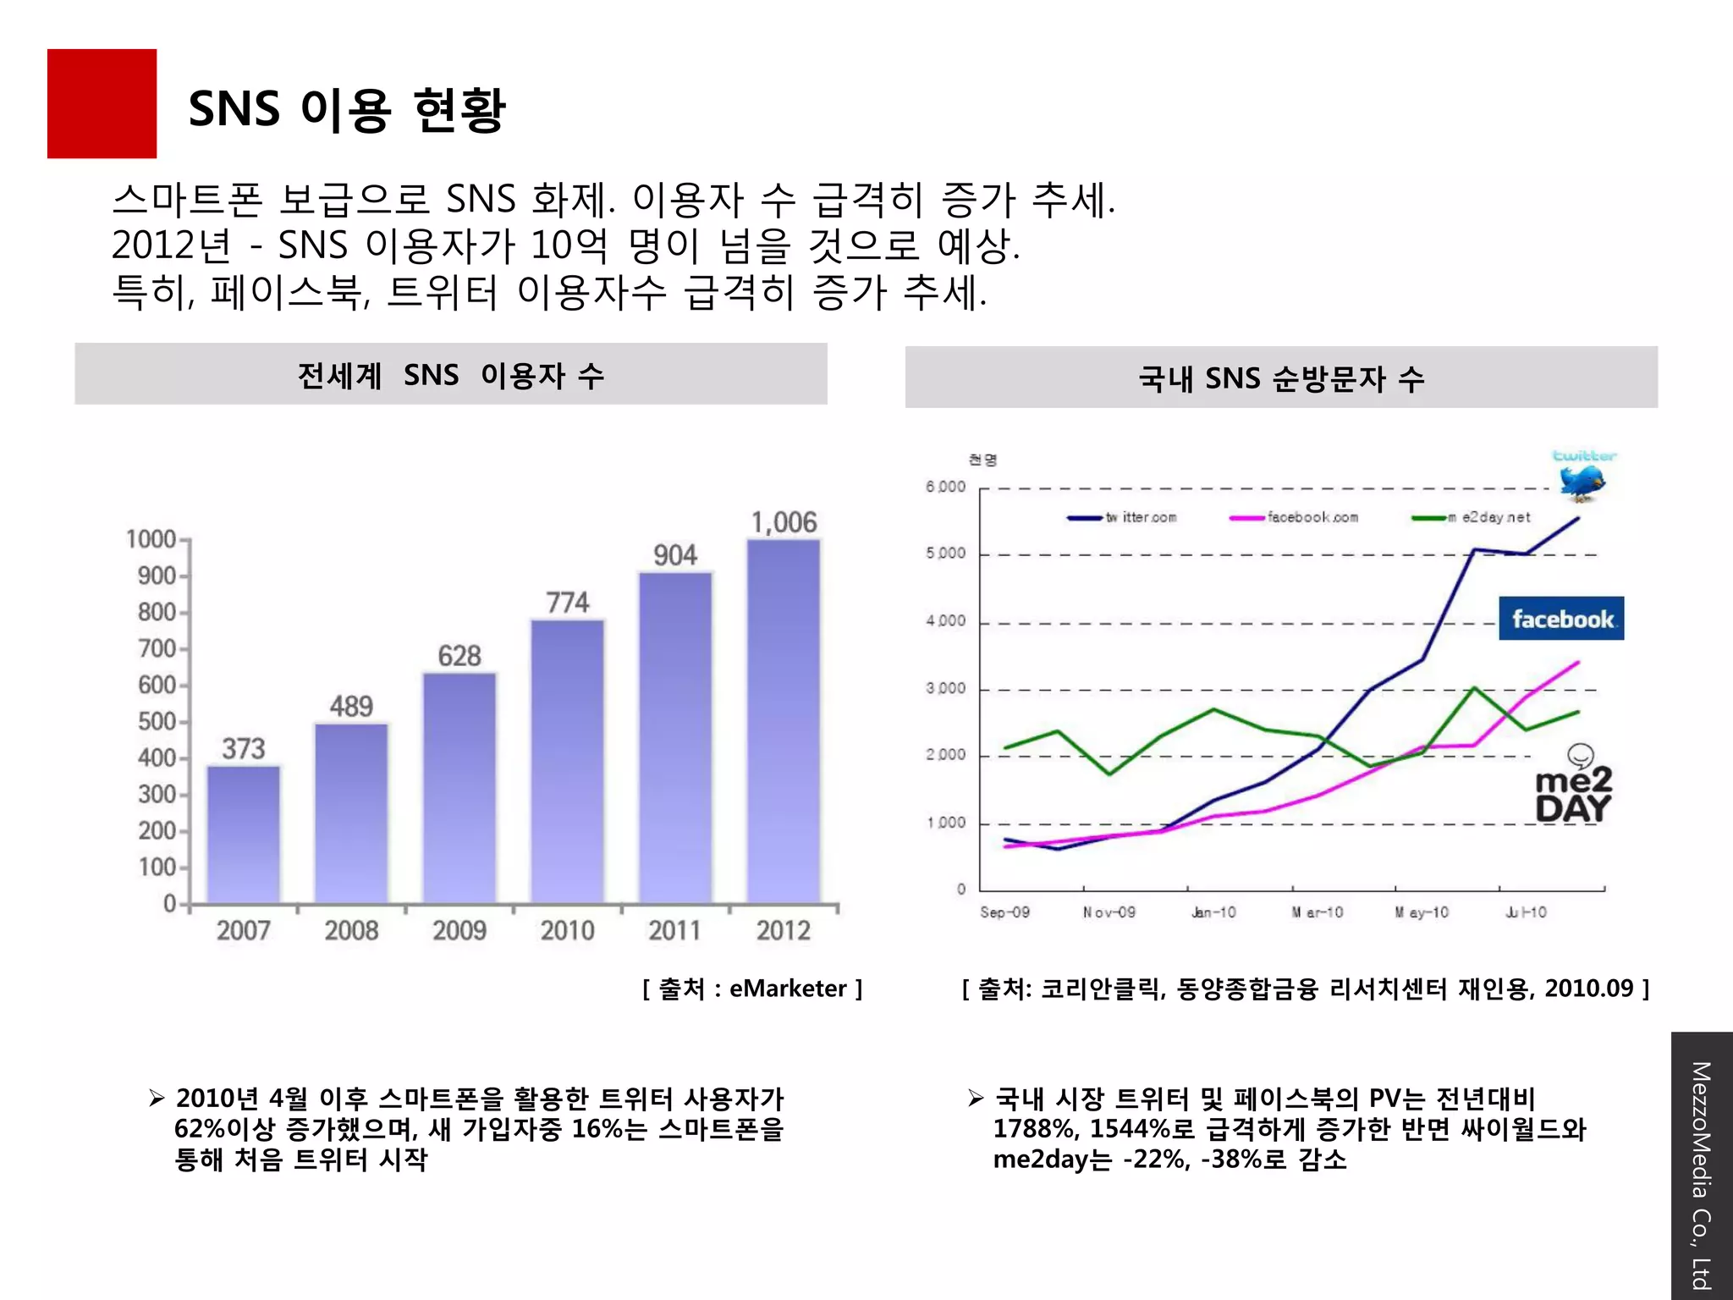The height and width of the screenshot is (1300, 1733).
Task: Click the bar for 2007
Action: pyautogui.click(x=243, y=834)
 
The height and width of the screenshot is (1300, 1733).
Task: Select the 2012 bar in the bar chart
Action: pyautogui.click(x=784, y=719)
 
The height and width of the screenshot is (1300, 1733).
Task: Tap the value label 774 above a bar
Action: pyautogui.click(x=567, y=603)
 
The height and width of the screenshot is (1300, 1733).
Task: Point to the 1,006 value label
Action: pyautogui.click(x=784, y=522)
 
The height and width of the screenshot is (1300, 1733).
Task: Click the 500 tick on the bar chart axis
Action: pyautogui.click(x=157, y=721)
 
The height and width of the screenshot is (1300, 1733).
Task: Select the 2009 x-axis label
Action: pyautogui.click(x=459, y=930)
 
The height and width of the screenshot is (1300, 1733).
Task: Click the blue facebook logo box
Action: pyautogui.click(x=1561, y=619)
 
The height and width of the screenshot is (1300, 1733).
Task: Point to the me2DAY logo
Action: pyautogui.click(x=1573, y=787)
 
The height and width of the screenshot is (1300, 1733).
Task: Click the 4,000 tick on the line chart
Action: pyautogui.click(x=945, y=621)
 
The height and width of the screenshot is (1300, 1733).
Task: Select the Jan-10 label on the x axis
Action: pyautogui.click(x=1213, y=912)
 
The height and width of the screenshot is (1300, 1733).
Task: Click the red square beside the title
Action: pyautogui.click(x=102, y=103)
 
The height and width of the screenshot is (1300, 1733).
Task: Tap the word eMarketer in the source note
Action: pyautogui.click(x=787, y=989)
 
